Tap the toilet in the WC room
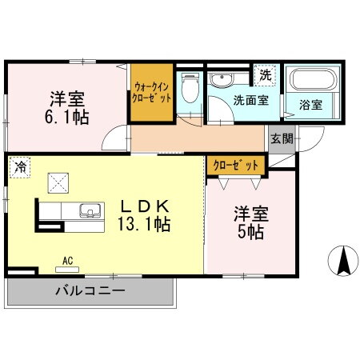(189, 86)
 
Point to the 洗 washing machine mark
(265, 74)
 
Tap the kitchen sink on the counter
(90, 212)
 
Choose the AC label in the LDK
(68, 260)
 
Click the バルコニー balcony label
(89, 290)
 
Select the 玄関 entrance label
(282, 138)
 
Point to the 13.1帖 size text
(144, 222)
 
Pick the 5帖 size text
(250, 232)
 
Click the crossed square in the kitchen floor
(58, 183)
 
